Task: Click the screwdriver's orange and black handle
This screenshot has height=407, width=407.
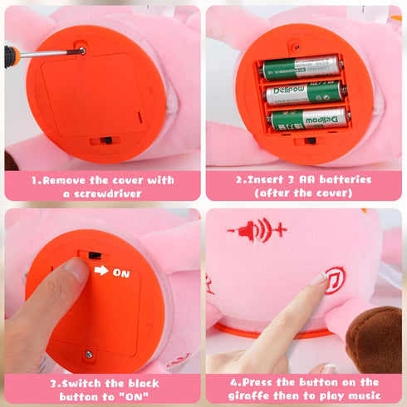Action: tap(11, 56)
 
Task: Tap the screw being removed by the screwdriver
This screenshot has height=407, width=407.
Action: tap(82, 51)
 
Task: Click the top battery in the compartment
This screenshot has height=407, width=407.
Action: tap(301, 67)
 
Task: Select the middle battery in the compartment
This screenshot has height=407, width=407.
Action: tap(306, 93)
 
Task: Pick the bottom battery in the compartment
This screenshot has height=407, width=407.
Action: tap(308, 119)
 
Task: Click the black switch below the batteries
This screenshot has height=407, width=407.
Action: tap(310, 140)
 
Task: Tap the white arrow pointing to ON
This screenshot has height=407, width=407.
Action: tap(101, 270)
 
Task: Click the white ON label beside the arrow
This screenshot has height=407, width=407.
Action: tap(121, 273)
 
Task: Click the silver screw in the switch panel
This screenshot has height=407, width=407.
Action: tap(89, 354)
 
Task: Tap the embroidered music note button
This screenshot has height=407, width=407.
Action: tap(335, 280)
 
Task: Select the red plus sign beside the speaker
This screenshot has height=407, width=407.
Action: tap(281, 229)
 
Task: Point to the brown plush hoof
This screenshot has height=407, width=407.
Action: tap(375, 339)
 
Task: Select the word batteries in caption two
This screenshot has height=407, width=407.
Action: tap(346, 179)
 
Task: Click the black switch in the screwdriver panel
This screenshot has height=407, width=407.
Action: tap(106, 140)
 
